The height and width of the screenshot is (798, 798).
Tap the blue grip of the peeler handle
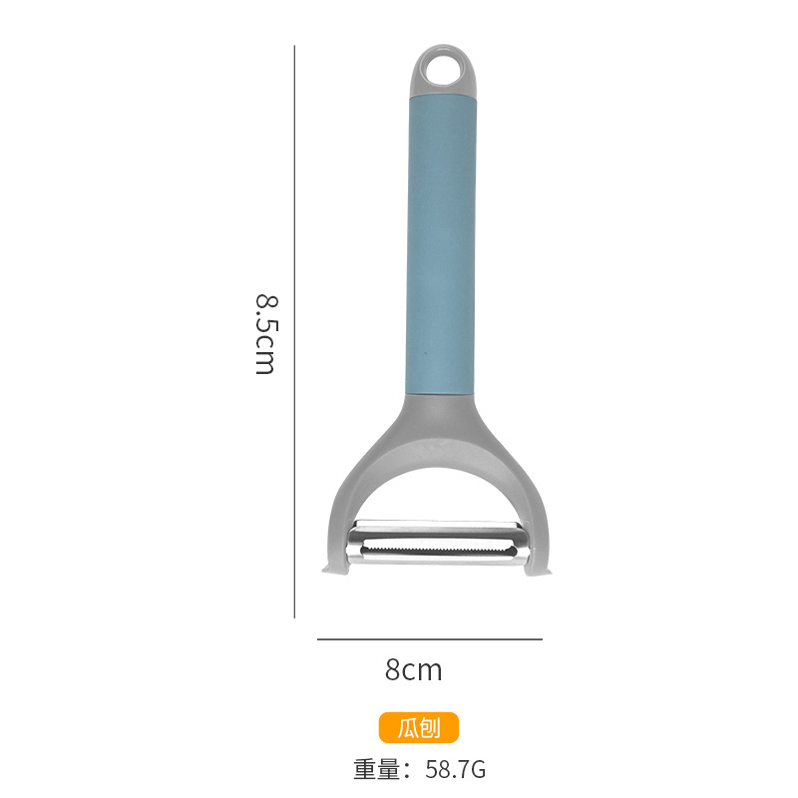click(441, 244)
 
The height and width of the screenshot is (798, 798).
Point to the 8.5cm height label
click(265, 334)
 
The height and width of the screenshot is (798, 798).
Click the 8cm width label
click(413, 669)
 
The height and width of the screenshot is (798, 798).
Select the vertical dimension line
click(294, 332)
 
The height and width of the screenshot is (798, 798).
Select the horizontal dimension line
click(430, 639)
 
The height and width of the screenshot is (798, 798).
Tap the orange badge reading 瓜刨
click(418, 727)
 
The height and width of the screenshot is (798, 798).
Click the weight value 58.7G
click(456, 769)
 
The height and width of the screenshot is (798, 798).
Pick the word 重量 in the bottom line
click(377, 769)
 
